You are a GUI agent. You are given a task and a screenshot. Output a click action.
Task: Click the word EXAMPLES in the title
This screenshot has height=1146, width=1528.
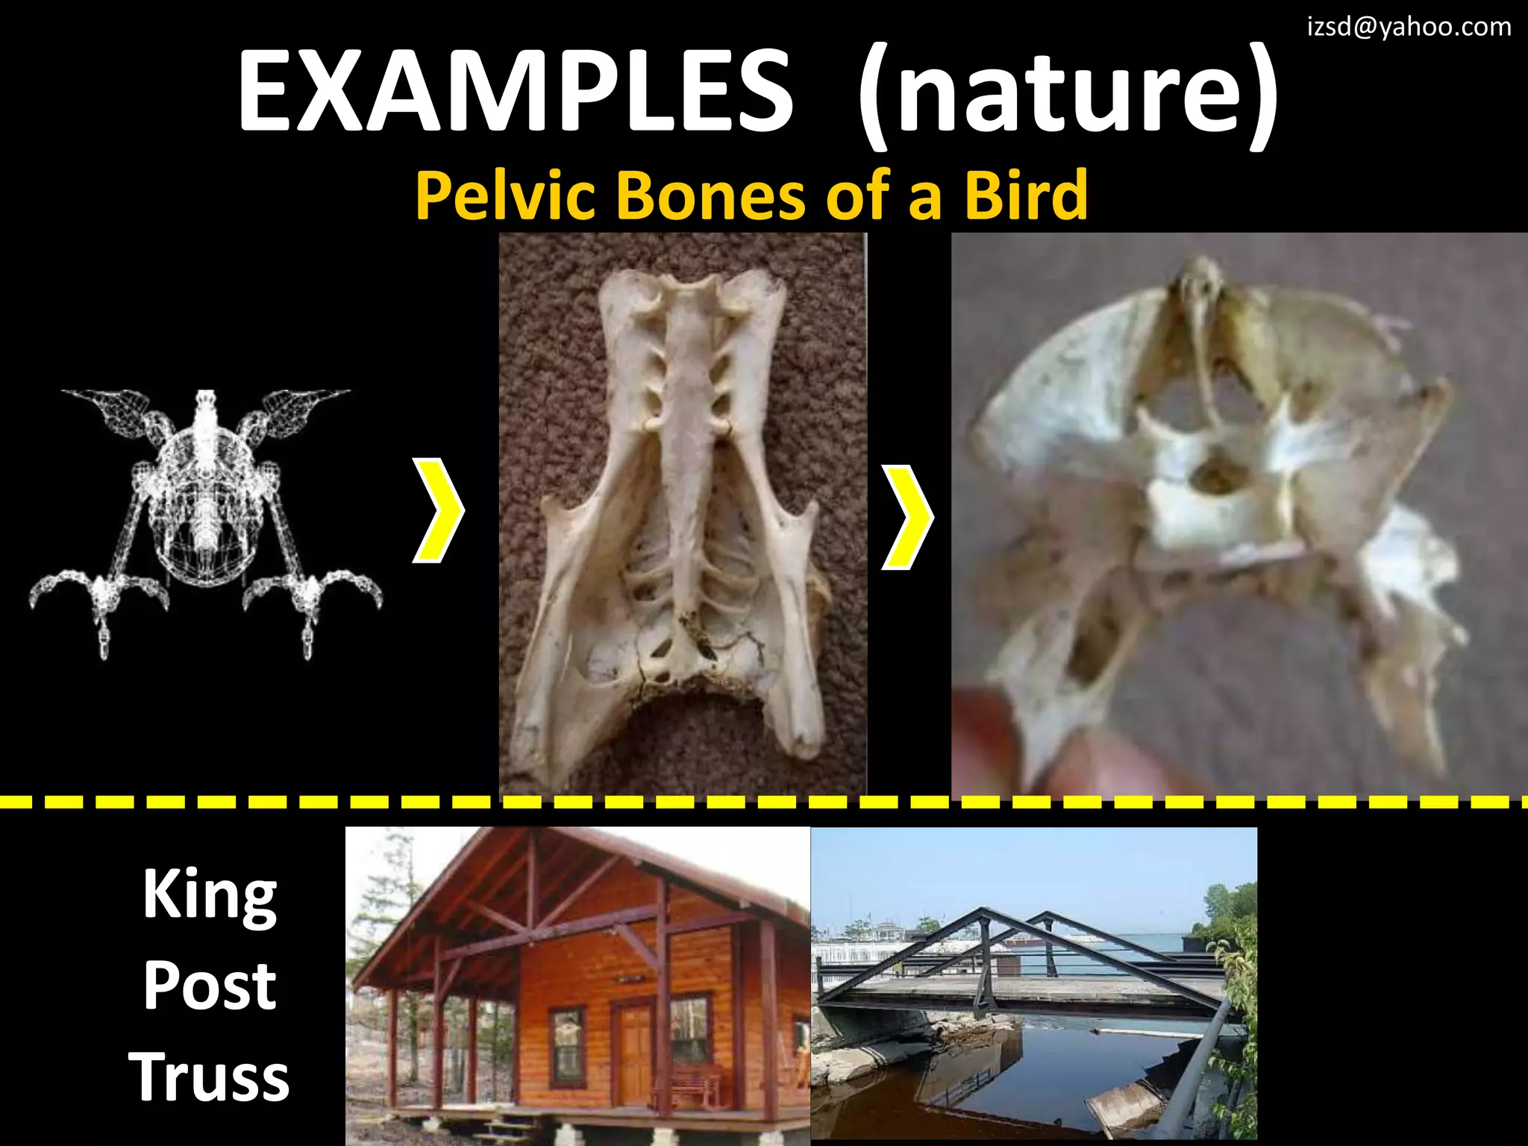coord(515,91)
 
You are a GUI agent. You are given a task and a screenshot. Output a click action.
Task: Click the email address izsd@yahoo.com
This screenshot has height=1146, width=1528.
coord(1409,27)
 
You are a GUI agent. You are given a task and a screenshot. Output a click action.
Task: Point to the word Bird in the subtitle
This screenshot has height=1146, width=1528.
coord(1025,195)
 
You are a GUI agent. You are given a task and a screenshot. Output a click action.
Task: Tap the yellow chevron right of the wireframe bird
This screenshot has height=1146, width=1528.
coord(439,511)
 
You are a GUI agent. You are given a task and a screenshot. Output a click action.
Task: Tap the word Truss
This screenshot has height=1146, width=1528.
coord(209,1077)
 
